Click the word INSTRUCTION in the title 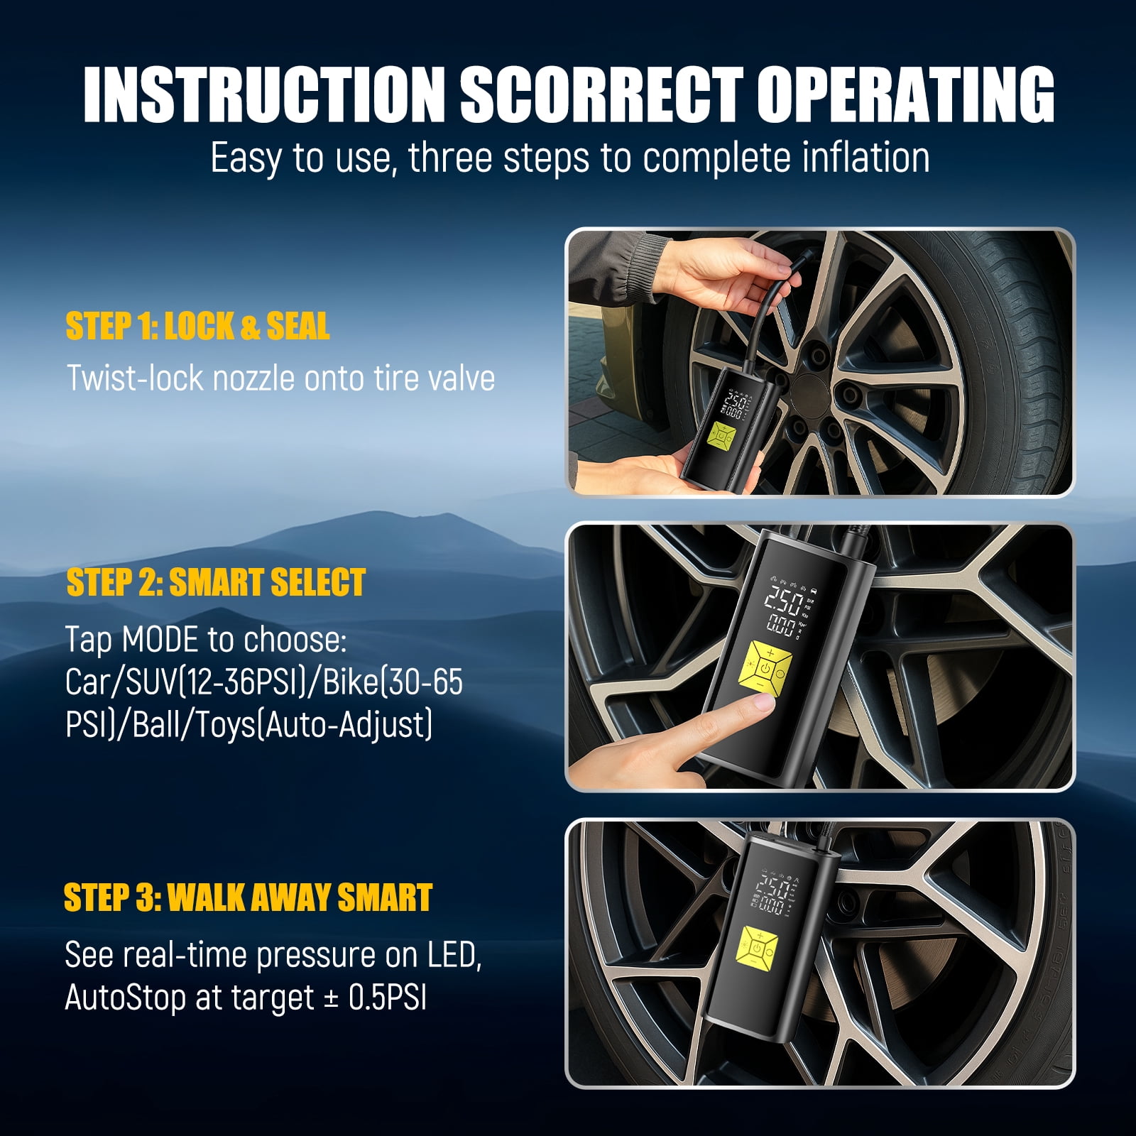click(x=263, y=94)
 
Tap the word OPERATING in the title click(x=905, y=94)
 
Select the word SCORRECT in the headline click(x=601, y=94)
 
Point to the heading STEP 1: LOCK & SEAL click(x=197, y=327)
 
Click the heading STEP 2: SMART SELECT click(x=216, y=582)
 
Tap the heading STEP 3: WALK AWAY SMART click(x=248, y=897)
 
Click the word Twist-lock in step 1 click(x=135, y=377)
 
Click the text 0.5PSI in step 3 click(x=388, y=998)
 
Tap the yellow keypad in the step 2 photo click(x=763, y=670)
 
